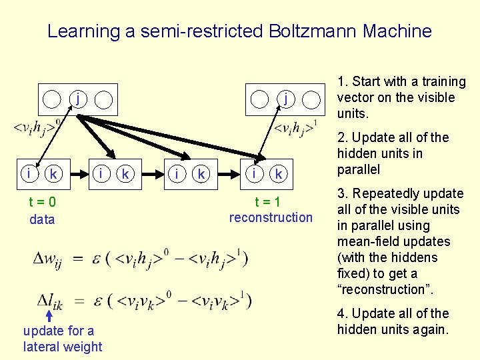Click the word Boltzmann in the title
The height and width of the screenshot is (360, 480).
point(310,31)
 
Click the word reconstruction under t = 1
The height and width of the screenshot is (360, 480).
point(271,217)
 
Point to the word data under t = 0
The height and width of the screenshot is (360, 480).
point(42,219)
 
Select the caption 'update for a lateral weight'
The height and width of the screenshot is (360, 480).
point(63,338)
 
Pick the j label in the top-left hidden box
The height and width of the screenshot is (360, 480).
point(78,99)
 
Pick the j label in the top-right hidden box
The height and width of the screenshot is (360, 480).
point(285,99)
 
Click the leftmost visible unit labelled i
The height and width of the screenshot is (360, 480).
point(30,174)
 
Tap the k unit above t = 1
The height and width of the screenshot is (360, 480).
point(279,174)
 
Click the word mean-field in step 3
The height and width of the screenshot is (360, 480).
point(365,241)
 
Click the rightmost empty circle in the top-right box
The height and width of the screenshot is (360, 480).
point(311,100)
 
